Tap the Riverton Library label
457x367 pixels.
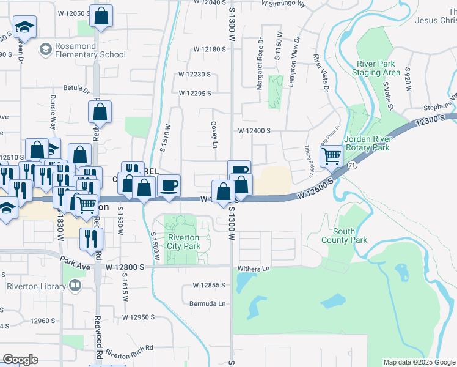tap(37, 286)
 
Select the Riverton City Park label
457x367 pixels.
tap(184, 242)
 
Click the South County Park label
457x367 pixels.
tap(345, 235)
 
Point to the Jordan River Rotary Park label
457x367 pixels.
tap(367, 143)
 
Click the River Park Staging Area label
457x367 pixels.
tap(376, 68)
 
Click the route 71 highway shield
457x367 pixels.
tap(352, 165)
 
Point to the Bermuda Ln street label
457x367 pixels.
tap(209, 303)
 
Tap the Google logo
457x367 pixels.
tap(21, 360)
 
